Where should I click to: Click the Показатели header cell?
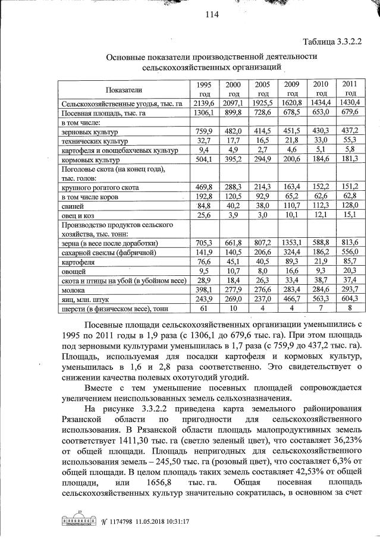pos(124,90)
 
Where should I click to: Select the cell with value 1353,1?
pos(292,243)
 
